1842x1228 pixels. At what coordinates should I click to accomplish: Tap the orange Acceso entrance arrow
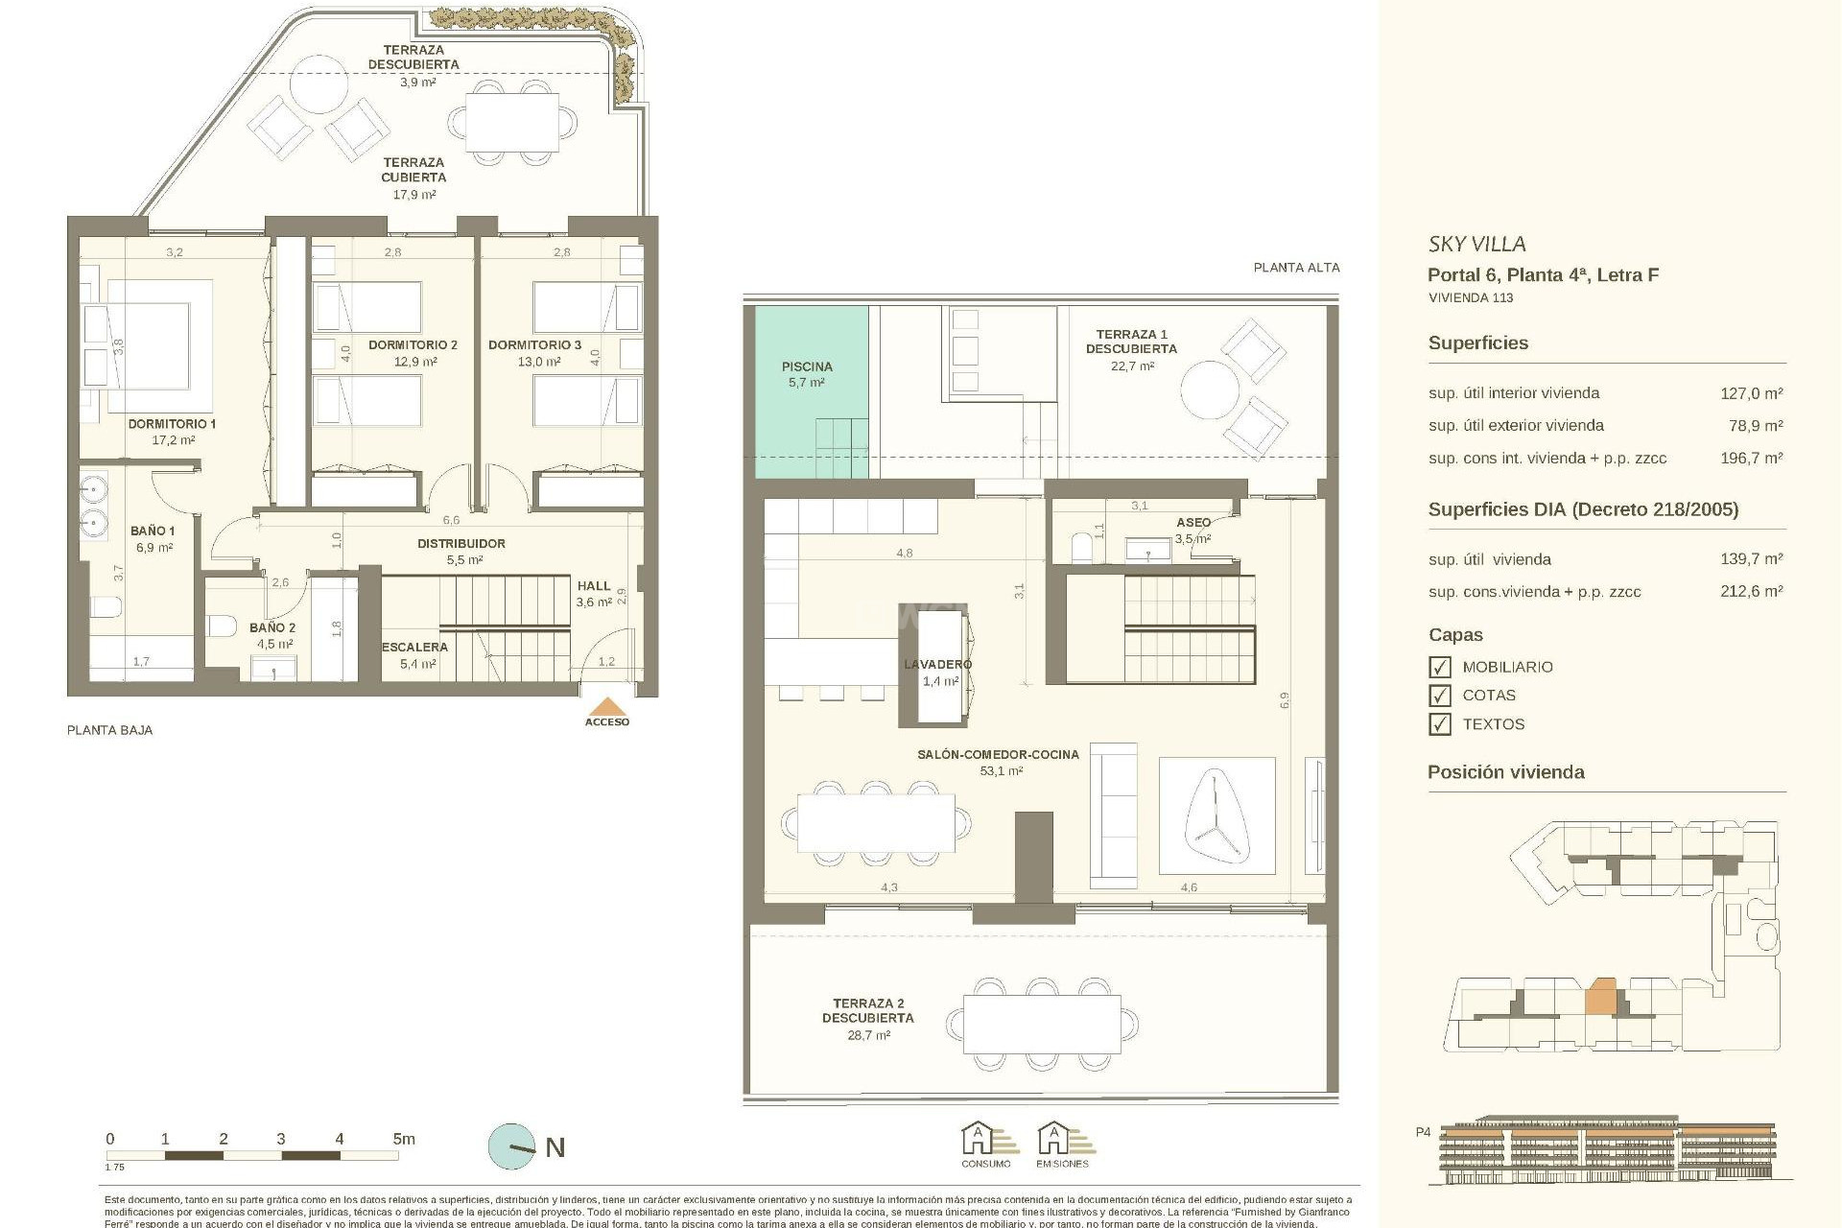coord(607,707)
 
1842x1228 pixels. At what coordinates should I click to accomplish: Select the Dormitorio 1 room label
coord(173,424)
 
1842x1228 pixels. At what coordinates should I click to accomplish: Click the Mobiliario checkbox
coord(1439,667)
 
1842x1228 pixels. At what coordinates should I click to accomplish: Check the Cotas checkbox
coord(1439,696)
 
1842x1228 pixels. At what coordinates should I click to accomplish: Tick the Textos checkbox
coord(1439,724)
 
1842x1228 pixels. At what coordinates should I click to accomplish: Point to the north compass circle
coord(511,1146)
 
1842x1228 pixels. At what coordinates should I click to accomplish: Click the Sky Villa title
coord(1476,245)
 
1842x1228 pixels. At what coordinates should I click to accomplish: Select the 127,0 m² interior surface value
coord(1751,393)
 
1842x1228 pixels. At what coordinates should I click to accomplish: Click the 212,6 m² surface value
coord(1751,592)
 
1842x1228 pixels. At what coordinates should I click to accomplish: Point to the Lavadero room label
coord(937,665)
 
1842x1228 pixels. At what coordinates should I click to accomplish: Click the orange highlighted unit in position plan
coord(1600,1024)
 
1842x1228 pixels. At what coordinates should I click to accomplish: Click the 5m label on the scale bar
coord(404,1140)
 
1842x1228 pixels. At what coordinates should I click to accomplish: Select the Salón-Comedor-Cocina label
coord(998,755)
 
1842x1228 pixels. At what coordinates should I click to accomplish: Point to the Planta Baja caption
coord(109,730)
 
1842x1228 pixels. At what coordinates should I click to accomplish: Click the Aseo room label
coord(1193,523)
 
